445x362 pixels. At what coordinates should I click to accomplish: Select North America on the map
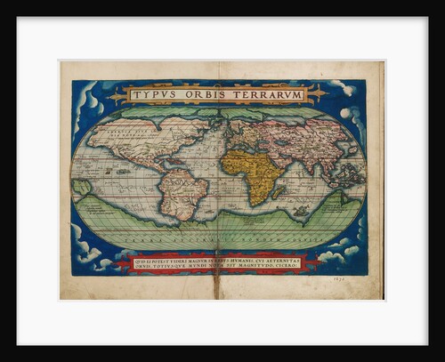pos(133,142)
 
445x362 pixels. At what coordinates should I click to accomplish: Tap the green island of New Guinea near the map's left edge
pos(82,188)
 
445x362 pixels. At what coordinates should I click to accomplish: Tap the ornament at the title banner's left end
pos(117,94)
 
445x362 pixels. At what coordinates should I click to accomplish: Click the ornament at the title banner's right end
pos(318,93)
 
